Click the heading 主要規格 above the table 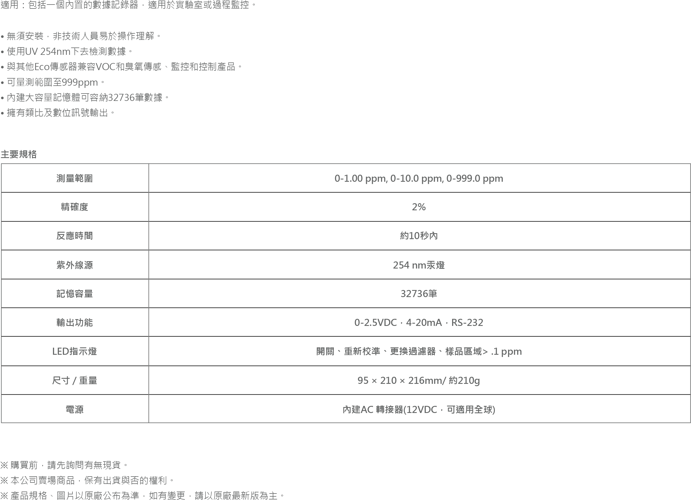19,154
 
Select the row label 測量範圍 75,178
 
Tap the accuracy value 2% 419,207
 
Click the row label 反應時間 75,236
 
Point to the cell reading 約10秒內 419,236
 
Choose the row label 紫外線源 75,265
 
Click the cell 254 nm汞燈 419,265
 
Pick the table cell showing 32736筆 419,294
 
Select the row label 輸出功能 75,323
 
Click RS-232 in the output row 467,323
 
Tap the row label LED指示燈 75,351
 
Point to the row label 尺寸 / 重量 75,380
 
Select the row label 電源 75,410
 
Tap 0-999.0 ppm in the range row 475,178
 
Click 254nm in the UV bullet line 55,51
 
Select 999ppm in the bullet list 80,83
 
